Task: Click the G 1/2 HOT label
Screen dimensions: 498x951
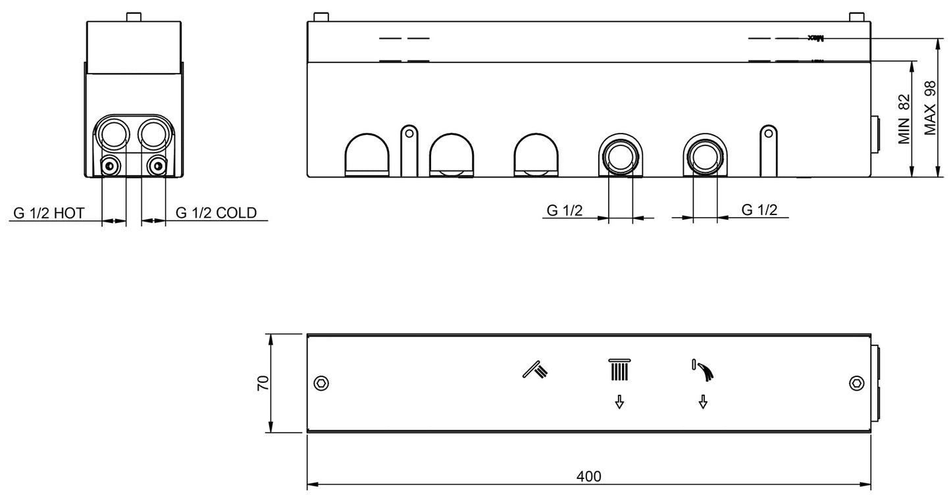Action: click(x=49, y=212)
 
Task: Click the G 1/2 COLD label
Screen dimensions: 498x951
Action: click(x=216, y=212)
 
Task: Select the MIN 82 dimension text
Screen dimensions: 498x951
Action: click(x=904, y=119)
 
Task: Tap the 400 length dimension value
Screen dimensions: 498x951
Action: click(x=588, y=476)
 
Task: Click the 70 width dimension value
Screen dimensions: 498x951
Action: click(x=262, y=384)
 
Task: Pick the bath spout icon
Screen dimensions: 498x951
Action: click(x=703, y=370)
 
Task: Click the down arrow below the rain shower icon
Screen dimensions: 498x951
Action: click(x=619, y=402)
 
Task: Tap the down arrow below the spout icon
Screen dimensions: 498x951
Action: click(x=703, y=402)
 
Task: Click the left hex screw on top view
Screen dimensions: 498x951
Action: click(x=321, y=384)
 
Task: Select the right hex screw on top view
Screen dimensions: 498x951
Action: click(x=856, y=384)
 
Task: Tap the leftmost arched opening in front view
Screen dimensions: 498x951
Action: click(x=367, y=156)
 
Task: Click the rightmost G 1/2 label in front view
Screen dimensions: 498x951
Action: click(x=759, y=210)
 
